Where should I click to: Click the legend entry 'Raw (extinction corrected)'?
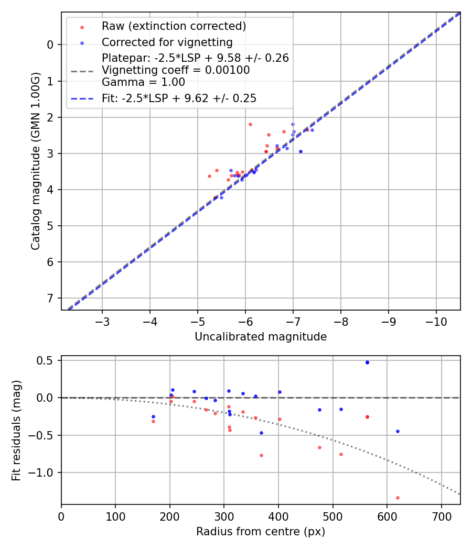pos(174,26)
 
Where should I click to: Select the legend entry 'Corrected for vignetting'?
pos(167,42)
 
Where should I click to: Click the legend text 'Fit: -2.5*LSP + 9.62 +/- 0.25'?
pos(179,98)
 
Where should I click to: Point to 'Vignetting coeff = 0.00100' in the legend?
pos(176,70)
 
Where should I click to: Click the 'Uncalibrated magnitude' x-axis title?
pos(261,337)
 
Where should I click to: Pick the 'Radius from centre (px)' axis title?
pos(261,532)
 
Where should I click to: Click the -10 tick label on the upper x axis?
pos(436,321)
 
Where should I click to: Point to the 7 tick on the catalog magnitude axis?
pos(50,298)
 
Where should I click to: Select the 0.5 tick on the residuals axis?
pos(48,360)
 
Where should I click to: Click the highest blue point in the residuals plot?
pos(367,362)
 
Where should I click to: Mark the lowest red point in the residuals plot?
pos(398,498)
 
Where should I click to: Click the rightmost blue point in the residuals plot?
pos(398,431)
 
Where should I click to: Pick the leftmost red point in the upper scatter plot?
pos(209,176)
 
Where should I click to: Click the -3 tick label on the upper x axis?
pos(102,321)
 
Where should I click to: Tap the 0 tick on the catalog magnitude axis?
pos(50,45)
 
